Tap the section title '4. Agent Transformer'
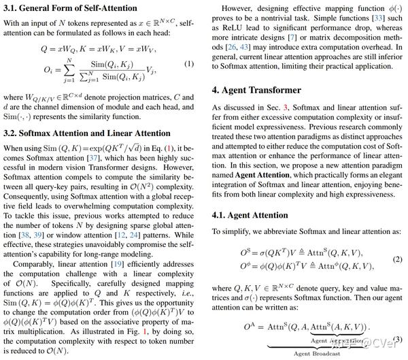coord(256,90)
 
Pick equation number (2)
coord(398,259)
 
